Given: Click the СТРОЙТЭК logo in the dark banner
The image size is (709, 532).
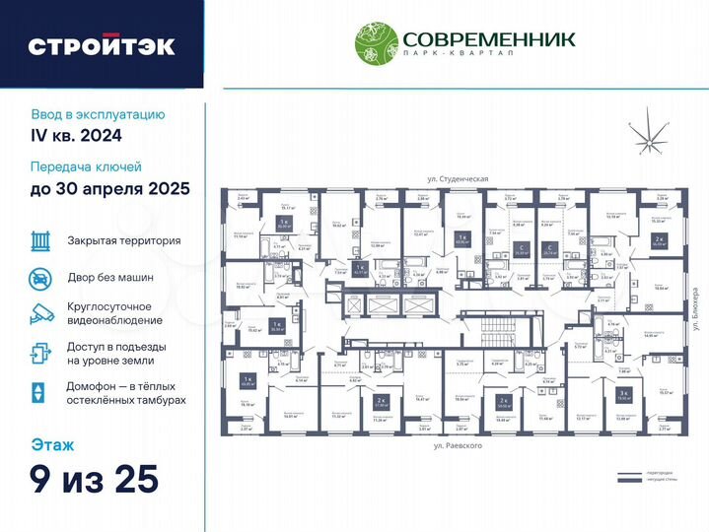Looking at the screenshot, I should click(x=102, y=45).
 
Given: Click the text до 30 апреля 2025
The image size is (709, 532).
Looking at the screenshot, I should click(x=109, y=188).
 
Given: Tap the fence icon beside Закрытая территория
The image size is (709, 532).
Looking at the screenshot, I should click(x=39, y=240).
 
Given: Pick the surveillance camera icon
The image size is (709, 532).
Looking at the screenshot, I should click(x=39, y=314).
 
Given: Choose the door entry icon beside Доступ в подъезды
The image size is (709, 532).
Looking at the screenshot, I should click(x=39, y=353).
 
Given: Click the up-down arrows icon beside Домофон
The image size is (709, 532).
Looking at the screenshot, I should click(x=38, y=391).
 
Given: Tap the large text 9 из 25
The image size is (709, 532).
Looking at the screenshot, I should click(x=94, y=481).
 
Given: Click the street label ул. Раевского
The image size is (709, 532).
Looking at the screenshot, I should click(x=457, y=446).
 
